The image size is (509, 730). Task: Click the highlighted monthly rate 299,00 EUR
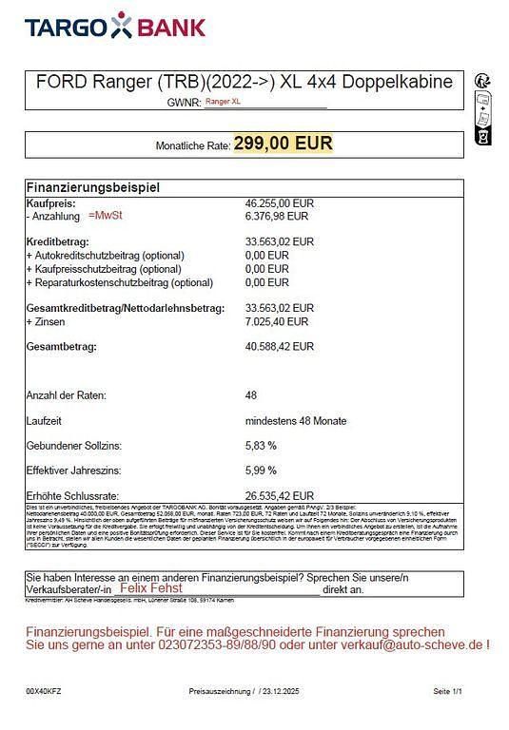tap(284, 144)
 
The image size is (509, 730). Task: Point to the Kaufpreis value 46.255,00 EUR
tap(280, 203)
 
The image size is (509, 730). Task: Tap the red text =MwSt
tap(106, 216)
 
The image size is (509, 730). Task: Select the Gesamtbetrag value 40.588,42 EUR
tap(280, 347)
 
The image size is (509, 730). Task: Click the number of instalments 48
tap(251, 395)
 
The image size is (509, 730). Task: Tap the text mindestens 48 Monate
tap(296, 420)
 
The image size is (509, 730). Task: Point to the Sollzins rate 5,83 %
tap(262, 446)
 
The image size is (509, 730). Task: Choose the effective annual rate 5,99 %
tap(262, 471)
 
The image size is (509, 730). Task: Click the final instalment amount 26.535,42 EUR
tap(280, 495)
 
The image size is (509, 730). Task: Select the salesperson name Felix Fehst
tap(152, 589)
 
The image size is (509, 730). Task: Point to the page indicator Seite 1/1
tap(447, 691)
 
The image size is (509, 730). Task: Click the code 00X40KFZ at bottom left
tap(44, 691)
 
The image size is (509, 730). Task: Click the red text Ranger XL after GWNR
tap(223, 100)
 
